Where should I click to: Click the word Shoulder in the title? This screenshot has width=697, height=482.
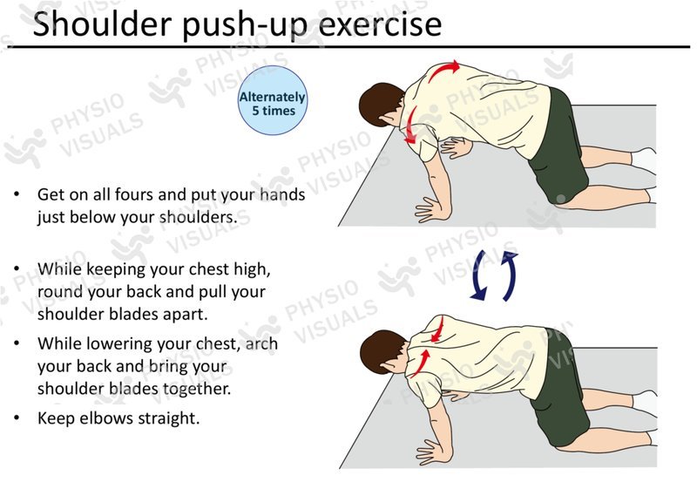102,24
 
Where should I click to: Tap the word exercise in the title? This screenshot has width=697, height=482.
380,24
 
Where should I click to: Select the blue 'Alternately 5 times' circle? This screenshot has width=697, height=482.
273,100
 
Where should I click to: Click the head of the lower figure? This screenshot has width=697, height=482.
382,351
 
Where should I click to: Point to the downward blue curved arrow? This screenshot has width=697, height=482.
478,275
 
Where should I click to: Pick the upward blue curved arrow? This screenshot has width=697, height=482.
510,275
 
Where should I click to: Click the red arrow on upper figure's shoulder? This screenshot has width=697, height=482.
410,125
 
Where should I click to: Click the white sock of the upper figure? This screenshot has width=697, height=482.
645,160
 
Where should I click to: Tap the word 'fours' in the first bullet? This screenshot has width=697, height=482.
133,194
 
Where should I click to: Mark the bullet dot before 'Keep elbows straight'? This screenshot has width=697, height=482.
17,418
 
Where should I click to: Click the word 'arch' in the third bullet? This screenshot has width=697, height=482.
261,343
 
